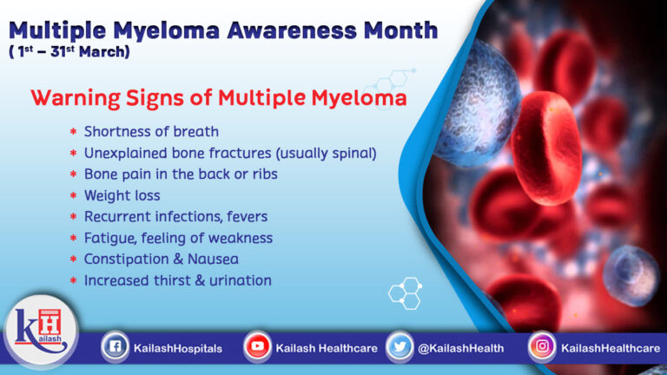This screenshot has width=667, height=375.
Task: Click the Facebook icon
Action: (x=114, y=347)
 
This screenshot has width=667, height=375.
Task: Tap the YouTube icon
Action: (x=257, y=347)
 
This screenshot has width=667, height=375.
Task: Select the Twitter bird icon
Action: (x=400, y=347)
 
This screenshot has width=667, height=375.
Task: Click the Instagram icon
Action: (x=542, y=347)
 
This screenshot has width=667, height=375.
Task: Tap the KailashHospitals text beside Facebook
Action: (x=178, y=348)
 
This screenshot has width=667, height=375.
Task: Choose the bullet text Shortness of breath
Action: (x=151, y=131)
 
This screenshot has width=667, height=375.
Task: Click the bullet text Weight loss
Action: (x=122, y=195)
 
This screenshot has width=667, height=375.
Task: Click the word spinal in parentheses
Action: (x=352, y=153)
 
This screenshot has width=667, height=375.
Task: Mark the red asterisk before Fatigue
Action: (x=73, y=239)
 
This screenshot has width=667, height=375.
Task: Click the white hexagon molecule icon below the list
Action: (x=405, y=292)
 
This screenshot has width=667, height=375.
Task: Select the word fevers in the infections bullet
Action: (x=248, y=216)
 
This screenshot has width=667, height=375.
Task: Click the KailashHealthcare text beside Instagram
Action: (x=610, y=348)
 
